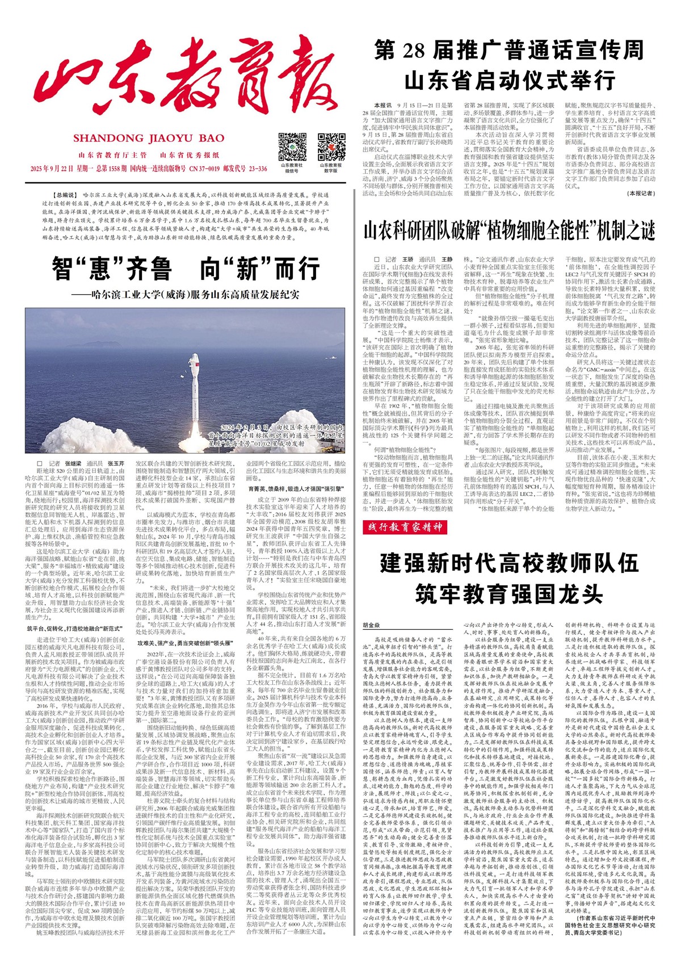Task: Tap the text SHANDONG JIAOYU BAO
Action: (x=149, y=138)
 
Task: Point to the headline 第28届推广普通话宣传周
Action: (x=509, y=51)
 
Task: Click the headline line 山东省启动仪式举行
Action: (x=509, y=80)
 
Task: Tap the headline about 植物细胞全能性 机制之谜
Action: (x=509, y=231)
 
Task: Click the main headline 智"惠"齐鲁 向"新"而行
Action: (x=186, y=268)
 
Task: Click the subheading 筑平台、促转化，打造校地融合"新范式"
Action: (x=75, y=629)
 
